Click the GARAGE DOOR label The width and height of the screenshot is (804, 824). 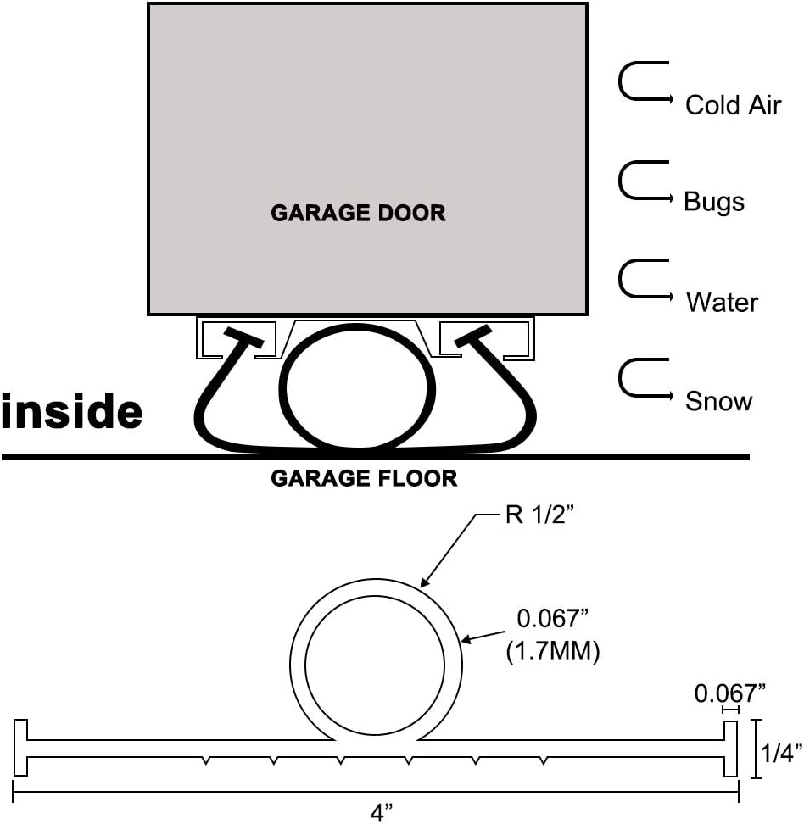[358, 213]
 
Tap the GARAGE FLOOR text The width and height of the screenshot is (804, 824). [364, 479]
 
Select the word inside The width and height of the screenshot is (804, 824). [71, 412]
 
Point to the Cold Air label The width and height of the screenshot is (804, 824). [733, 105]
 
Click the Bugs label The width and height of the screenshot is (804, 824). [714, 203]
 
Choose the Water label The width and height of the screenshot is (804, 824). [722, 302]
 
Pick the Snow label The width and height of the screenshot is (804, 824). [718, 401]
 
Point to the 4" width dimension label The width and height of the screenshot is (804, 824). [382, 812]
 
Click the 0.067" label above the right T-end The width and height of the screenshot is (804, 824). [729, 693]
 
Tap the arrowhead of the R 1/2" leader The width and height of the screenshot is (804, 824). [424, 582]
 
